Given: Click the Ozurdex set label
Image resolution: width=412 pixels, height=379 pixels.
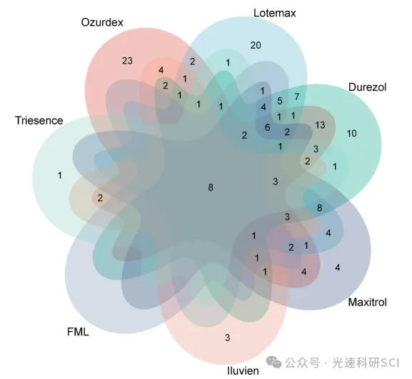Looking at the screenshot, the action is (x=102, y=22).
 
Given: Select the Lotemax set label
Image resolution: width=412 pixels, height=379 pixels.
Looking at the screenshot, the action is (x=275, y=13).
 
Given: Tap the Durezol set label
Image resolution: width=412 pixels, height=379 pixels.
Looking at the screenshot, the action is (x=367, y=87).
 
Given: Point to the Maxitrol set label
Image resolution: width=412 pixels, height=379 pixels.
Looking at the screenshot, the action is (x=367, y=302).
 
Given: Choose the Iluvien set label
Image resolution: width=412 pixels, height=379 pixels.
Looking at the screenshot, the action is (x=243, y=370).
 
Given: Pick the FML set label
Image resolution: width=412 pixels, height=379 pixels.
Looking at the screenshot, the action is (x=78, y=332).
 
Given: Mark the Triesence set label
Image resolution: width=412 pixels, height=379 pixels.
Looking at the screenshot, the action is (x=39, y=121).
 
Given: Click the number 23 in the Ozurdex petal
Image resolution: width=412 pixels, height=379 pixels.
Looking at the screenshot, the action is (x=127, y=61).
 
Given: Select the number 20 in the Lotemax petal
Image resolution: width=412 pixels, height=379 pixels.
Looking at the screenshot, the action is (x=256, y=45).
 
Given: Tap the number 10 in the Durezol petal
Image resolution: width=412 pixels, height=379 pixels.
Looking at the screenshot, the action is (x=351, y=134).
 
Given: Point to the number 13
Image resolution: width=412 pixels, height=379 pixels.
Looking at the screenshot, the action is (x=320, y=125).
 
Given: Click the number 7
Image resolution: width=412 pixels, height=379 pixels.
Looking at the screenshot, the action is (x=297, y=97).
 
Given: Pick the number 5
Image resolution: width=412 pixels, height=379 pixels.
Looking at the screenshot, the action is (x=280, y=101).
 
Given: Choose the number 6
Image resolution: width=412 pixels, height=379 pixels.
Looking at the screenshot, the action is (x=267, y=127).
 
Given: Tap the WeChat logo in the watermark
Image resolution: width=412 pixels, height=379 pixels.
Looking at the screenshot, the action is (x=273, y=363).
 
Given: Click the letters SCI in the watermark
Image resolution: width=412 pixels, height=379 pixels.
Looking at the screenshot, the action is (x=390, y=363).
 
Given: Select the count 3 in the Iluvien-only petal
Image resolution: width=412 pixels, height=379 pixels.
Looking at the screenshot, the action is (x=228, y=338).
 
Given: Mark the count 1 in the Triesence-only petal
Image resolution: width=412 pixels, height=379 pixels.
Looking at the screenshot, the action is (x=60, y=175).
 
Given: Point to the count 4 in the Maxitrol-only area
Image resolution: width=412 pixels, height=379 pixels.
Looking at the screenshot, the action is (x=337, y=267).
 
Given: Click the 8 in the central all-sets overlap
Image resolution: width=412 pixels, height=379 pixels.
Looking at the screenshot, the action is (x=211, y=187).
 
